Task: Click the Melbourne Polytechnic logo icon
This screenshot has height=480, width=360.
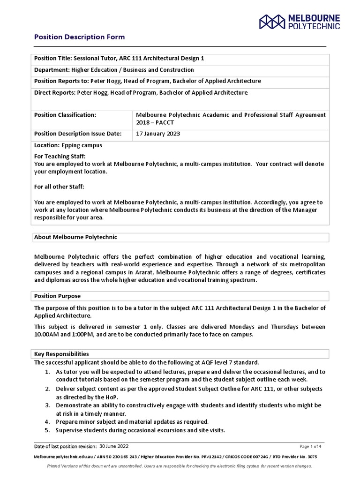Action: point(272,22)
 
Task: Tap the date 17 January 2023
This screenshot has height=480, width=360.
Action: point(158,134)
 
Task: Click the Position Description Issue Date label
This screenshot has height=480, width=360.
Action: point(78,134)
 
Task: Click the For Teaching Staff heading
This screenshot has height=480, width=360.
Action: point(60,156)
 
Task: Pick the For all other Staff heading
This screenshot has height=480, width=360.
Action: point(59,187)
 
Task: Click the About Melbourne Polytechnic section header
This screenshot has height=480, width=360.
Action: point(76,237)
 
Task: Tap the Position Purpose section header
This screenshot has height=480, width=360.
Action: point(58,296)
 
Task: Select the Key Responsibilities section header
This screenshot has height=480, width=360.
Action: point(61,354)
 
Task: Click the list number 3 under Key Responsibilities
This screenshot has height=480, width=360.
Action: point(47,405)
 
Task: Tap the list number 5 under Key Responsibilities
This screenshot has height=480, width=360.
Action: point(47,430)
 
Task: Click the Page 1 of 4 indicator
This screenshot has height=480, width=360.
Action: point(310,446)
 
